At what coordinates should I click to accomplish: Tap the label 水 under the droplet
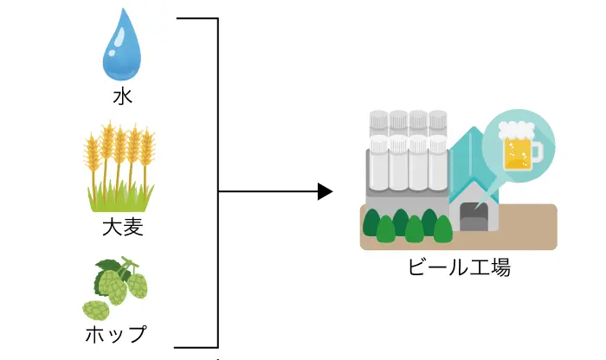click(122, 96)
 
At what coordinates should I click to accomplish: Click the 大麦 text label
click(122, 228)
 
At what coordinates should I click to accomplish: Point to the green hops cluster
click(116, 286)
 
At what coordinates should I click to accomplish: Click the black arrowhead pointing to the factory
click(325, 191)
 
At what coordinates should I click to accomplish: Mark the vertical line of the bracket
click(217, 182)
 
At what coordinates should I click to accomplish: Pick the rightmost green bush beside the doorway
click(442, 229)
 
